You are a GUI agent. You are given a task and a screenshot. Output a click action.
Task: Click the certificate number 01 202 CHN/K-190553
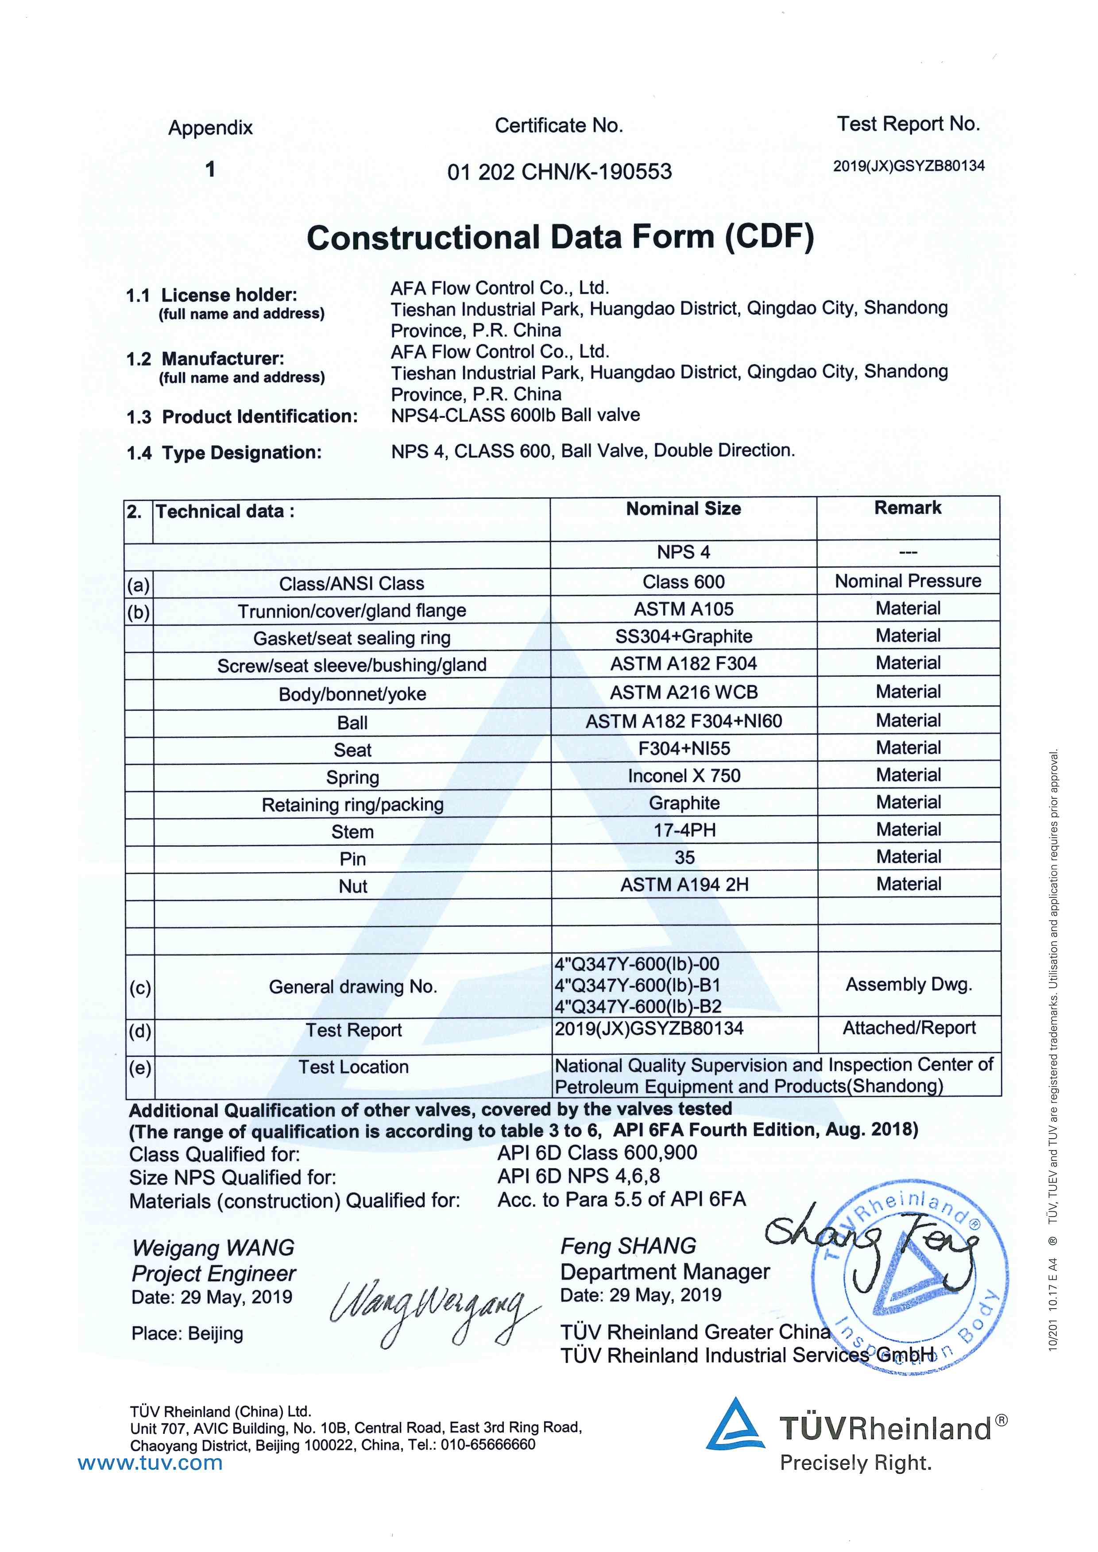coord(559,172)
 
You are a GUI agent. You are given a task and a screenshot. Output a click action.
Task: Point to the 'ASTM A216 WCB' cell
coord(684,692)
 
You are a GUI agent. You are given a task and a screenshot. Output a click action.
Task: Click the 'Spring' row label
coord(352,778)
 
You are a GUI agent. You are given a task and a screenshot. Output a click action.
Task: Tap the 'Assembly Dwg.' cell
coord(908,984)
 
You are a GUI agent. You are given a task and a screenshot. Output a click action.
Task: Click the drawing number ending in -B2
coord(638,1006)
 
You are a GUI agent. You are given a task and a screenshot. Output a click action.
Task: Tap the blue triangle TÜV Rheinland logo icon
coord(735,1424)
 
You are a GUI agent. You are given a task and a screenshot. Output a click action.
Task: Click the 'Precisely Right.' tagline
coord(855,1463)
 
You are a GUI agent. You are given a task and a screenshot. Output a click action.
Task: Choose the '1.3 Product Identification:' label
coord(242,416)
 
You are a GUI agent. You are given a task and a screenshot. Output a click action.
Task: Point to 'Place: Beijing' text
coord(187,1334)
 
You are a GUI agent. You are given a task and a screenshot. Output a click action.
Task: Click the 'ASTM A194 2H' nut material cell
coord(684,884)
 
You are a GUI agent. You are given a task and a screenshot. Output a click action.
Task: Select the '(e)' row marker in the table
coord(139,1067)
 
